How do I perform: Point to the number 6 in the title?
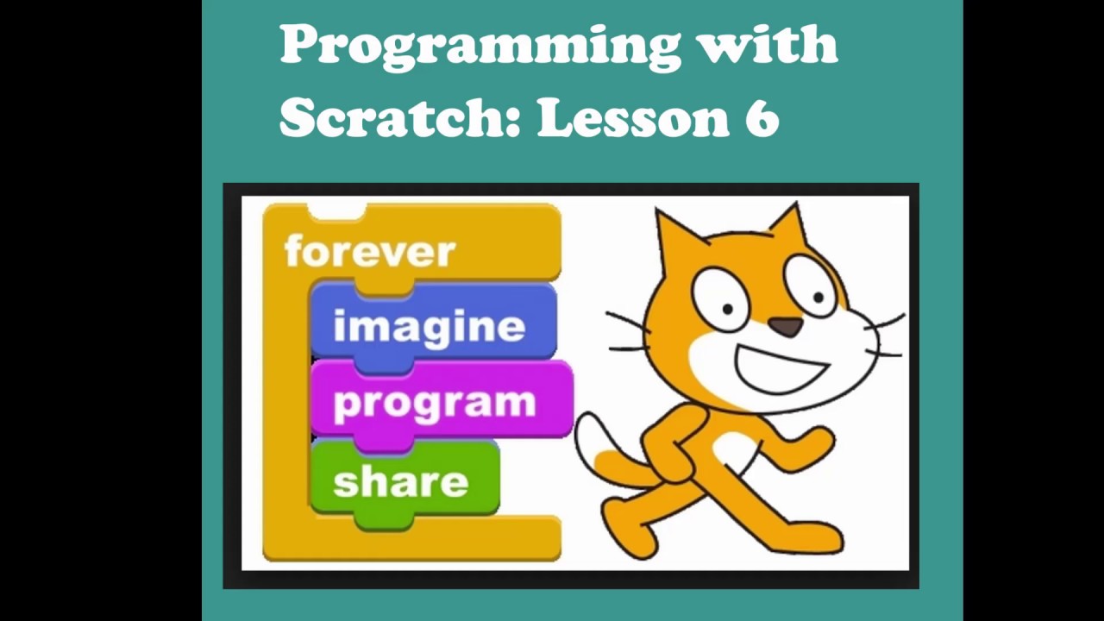[762, 116]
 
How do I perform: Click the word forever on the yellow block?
[370, 252]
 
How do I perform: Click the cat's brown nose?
[787, 327]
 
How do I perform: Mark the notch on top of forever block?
[336, 211]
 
